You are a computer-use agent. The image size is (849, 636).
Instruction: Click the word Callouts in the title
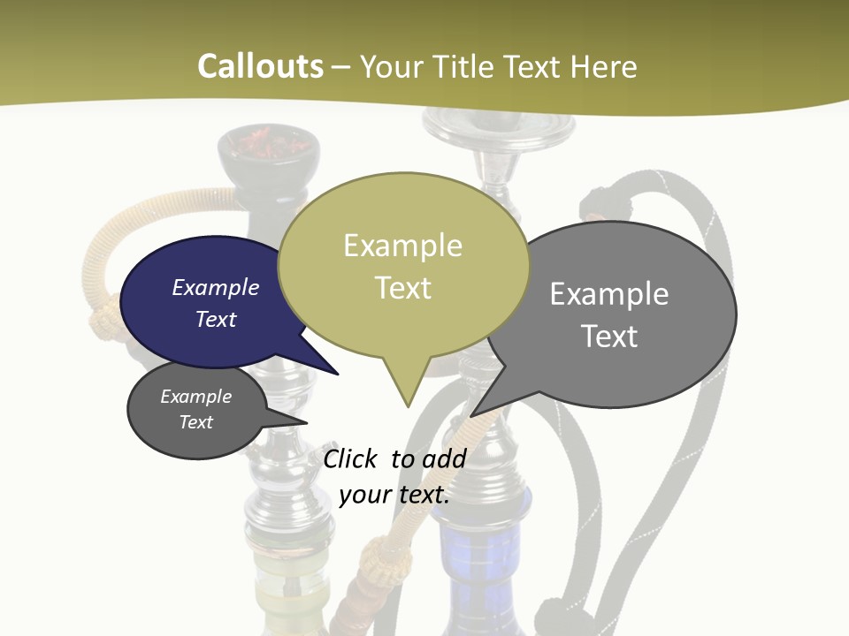[x=260, y=66]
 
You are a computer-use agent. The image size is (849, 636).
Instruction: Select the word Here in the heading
[x=604, y=67]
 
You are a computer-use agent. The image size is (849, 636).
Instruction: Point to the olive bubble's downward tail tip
[x=408, y=405]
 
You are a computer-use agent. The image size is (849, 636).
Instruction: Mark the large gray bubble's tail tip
[x=473, y=414]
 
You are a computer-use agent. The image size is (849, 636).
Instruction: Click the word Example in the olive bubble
[x=402, y=246]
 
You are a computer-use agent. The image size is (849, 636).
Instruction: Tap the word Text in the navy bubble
[x=216, y=319]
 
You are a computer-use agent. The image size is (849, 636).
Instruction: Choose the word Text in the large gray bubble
[x=609, y=337]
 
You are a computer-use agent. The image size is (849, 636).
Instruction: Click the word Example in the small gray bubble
[x=196, y=397]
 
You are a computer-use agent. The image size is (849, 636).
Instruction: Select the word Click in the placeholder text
[x=352, y=458]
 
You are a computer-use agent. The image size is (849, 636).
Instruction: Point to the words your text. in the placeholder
[x=394, y=495]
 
